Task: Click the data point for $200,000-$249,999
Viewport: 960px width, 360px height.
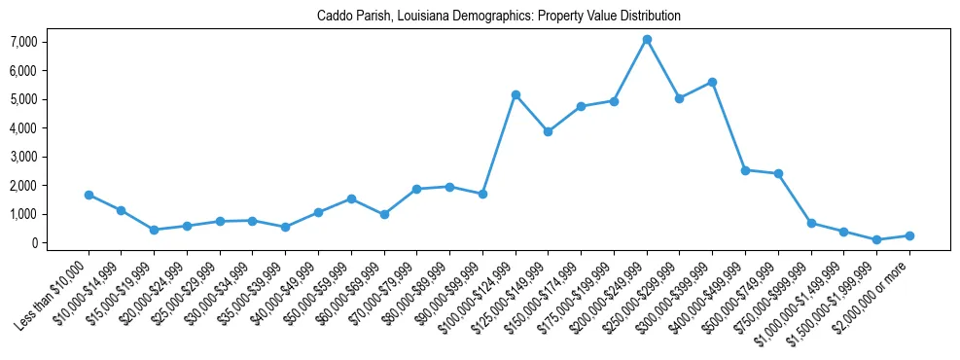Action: coord(647,40)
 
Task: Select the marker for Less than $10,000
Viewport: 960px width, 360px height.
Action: coord(89,195)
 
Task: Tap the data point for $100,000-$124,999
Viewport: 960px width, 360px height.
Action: coord(516,94)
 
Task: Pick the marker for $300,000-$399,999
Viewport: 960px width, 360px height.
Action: coord(713,83)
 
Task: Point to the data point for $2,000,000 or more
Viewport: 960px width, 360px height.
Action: coord(909,235)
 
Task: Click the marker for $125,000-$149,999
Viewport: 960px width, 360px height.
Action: coord(549,131)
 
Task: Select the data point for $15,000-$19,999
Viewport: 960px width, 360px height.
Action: coord(154,230)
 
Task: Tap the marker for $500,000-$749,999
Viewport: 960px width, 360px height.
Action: coord(778,174)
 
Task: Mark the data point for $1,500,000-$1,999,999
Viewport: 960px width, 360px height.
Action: coord(876,239)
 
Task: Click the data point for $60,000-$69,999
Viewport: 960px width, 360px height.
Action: coord(384,214)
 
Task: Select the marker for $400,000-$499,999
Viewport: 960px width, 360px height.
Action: coord(745,170)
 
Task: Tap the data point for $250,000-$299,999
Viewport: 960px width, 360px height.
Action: coord(680,98)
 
